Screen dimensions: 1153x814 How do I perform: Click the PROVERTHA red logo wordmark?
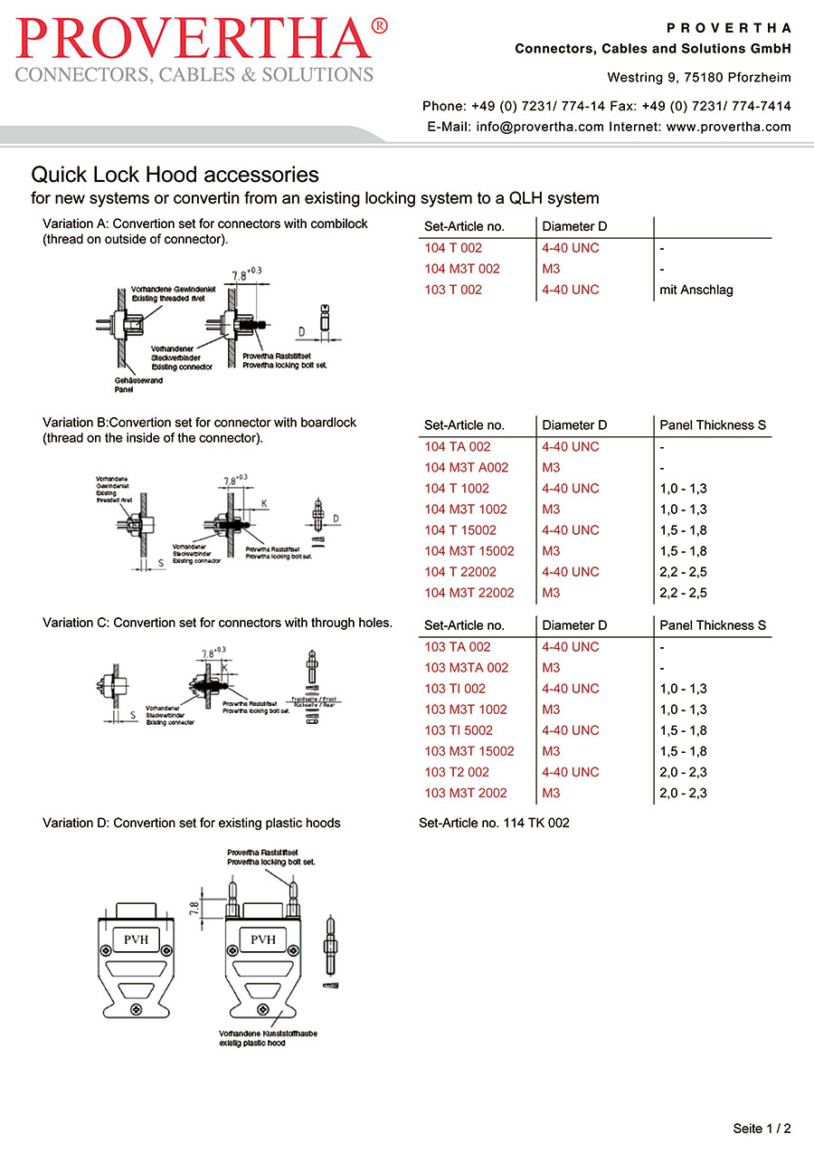(201, 38)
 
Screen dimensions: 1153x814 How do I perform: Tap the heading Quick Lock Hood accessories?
(175, 174)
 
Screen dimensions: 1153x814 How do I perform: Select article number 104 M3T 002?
(461, 269)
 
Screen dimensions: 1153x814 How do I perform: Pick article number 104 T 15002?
(459, 530)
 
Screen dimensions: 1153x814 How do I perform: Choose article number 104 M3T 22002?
(469, 593)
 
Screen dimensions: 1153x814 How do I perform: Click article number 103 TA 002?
(457, 647)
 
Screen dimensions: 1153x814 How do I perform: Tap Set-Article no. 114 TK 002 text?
(494, 824)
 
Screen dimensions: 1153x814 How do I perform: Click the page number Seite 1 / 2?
(762, 1129)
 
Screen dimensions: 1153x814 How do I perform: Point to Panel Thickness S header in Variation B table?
(713, 425)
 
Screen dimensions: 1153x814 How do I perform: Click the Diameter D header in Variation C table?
(574, 625)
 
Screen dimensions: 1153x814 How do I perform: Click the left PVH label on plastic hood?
(136, 939)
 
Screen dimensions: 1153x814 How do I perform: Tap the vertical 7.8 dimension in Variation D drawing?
(193, 908)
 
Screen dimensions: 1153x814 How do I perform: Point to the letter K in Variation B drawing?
(263, 503)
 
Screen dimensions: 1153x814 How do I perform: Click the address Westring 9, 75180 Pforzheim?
(698, 78)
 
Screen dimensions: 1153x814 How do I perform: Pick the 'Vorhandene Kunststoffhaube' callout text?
(267, 1034)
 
